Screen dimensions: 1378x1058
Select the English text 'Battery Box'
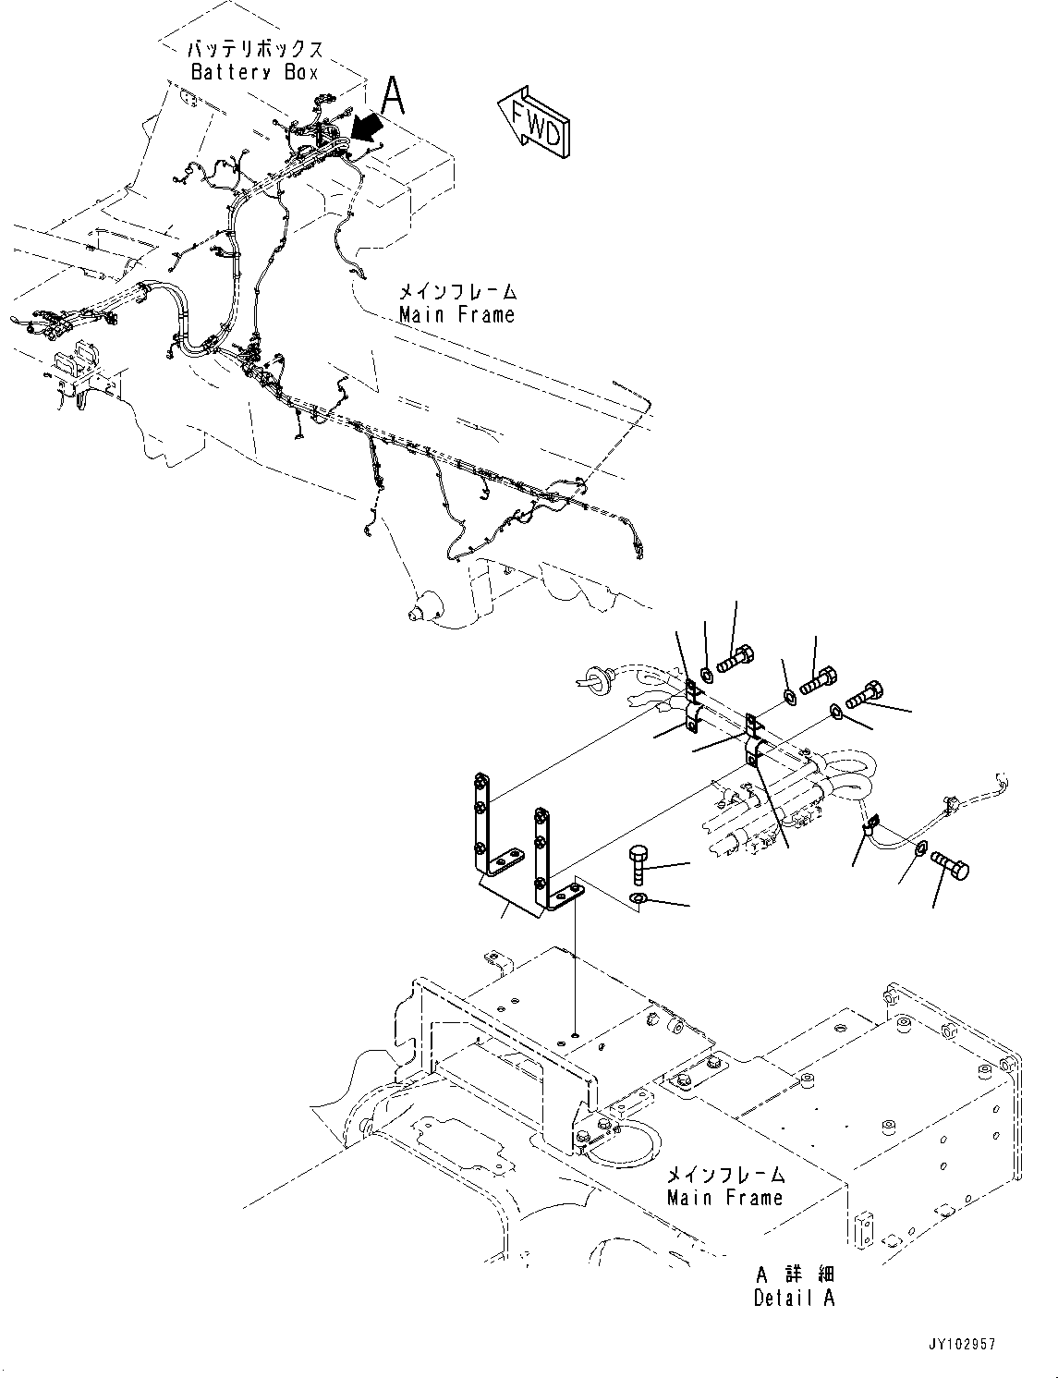coord(254,72)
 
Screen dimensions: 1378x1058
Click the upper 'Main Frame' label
coord(456,314)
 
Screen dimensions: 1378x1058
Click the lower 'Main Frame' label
coord(724,1197)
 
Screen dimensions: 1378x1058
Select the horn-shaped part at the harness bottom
coord(425,611)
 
